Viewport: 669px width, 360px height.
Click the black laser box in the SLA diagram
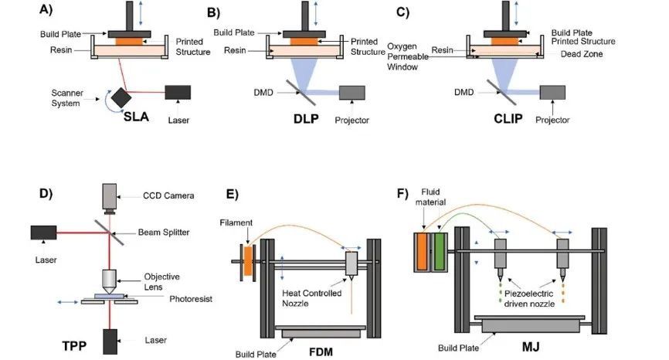tap(178, 93)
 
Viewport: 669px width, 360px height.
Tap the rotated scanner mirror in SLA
tap(121, 98)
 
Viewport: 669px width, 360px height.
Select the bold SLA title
tap(136, 117)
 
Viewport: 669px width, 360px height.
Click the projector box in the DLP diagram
tap(352, 93)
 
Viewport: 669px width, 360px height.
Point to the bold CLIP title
tap(508, 118)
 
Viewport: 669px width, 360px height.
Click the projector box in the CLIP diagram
tap(552, 93)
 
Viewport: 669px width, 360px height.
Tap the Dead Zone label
tap(582, 54)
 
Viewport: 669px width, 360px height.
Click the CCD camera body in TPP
tap(110, 197)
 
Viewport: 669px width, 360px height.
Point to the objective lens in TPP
tap(110, 281)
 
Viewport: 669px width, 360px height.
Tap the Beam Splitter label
tap(164, 233)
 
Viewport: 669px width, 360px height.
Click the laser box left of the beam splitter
tap(43, 233)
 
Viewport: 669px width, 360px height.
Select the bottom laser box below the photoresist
tap(110, 341)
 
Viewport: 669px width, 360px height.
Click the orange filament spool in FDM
tap(248, 261)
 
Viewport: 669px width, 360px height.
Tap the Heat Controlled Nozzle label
tap(312, 298)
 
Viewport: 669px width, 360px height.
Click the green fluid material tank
tap(439, 252)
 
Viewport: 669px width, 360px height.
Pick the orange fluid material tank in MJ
tap(422, 252)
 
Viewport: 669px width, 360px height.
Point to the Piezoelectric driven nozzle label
tap(529, 298)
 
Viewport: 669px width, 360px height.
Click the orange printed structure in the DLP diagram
tap(304, 42)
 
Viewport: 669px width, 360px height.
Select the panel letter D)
tap(46, 193)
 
